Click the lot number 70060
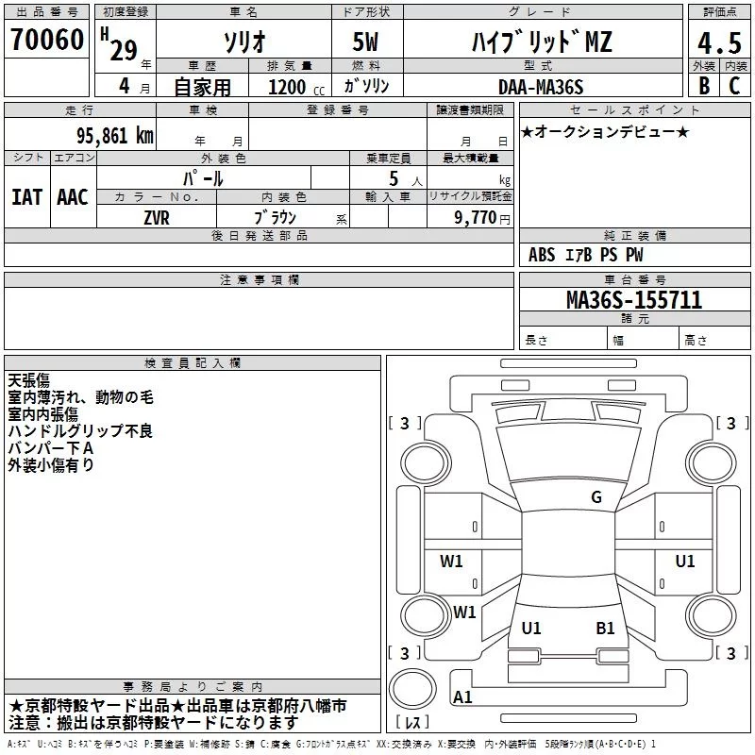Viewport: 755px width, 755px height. (45, 41)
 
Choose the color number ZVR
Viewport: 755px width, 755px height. (157, 216)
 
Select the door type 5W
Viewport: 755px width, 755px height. (366, 42)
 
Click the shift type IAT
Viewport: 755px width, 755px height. (26, 196)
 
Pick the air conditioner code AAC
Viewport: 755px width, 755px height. (73, 196)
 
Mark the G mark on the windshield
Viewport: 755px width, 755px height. (596, 497)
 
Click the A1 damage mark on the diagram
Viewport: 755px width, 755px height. (462, 697)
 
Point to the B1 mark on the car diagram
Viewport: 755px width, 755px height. (605, 629)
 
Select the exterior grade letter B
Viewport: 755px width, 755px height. (704, 86)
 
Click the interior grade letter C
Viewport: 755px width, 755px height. (734, 86)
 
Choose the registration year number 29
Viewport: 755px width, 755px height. (125, 51)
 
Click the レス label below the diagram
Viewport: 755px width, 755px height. (413, 723)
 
